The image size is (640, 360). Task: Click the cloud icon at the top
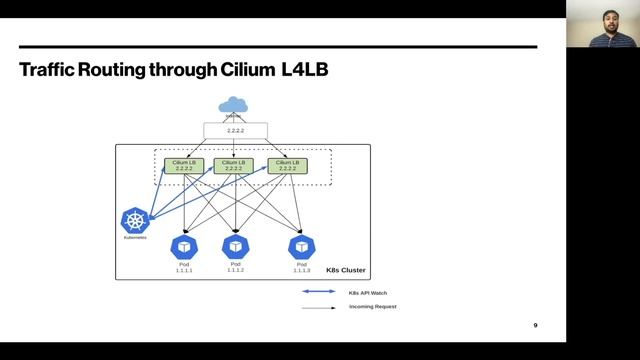235,105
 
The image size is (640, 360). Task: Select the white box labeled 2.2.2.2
235,131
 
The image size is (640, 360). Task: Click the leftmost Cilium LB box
184,165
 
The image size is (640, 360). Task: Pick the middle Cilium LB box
234,165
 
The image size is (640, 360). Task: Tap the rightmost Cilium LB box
285,165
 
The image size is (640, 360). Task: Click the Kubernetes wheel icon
135,222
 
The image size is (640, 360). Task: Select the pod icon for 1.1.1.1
184,245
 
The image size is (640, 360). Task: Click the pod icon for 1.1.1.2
236,245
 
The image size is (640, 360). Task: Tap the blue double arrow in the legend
320,292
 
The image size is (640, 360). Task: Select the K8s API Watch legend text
368,292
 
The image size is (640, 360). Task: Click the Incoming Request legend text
372,306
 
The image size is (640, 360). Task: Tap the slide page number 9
535,326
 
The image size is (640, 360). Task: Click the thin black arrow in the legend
320,306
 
